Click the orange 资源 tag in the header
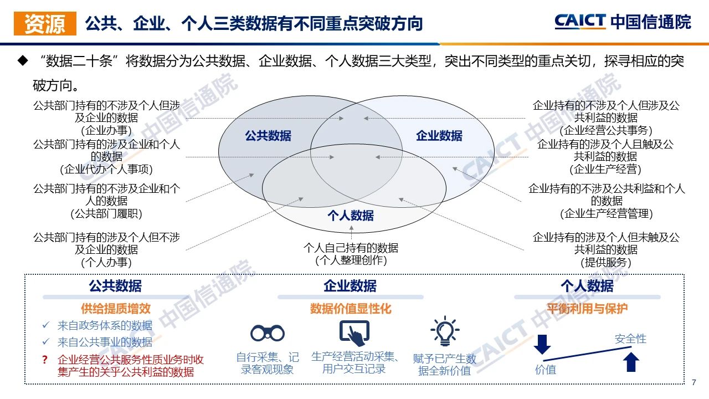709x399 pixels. click(x=45, y=23)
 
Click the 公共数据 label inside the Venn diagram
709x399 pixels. click(x=268, y=136)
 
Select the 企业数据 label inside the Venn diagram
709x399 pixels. click(x=439, y=136)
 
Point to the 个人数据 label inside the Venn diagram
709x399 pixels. click(x=351, y=216)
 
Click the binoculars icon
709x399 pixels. click(x=268, y=333)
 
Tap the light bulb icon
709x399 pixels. click(x=445, y=331)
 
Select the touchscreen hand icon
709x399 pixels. click(x=354, y=333)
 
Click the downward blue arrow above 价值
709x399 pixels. click(x=542, y=344)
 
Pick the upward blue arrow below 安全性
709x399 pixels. click(x=631, y=362)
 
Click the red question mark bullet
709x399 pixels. click(x=45, y=360)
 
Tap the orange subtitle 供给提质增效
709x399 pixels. click(x=116, y=309)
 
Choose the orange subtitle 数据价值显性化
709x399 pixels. click(x=351, y=309)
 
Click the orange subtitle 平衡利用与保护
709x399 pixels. click(x=587, y=309)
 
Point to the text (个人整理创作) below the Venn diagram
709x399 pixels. click(x=351, y=260)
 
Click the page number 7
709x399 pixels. click(x=694, y=382)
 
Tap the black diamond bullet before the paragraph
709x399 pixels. click(x=23, y=60)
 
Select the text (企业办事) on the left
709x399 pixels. click(x=106, y=130)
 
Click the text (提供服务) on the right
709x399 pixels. click(x=606, y=262)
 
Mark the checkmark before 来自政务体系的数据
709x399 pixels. click(x=46, y=325)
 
